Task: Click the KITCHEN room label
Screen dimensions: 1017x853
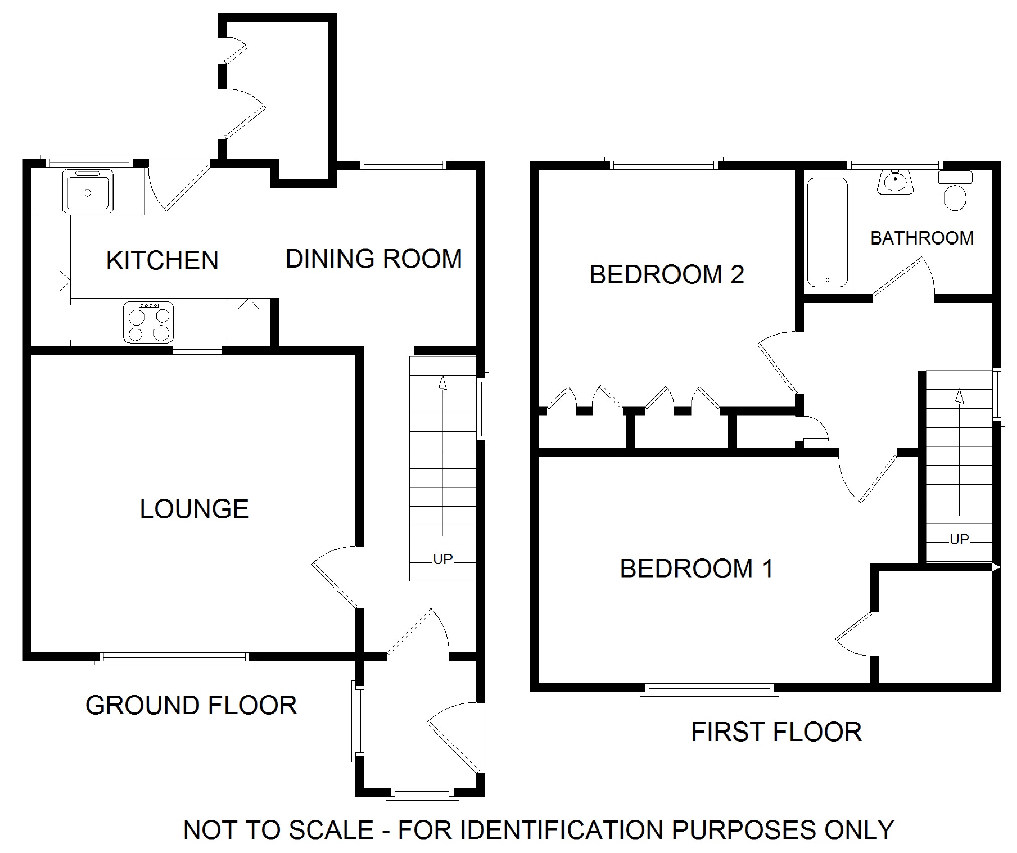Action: point(163,260)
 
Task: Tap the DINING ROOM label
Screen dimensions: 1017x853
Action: point(373,259)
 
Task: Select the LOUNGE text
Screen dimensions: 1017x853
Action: point(194,509)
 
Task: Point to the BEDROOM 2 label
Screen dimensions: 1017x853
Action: point(666,274)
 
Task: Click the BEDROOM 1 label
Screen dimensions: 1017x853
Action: point(697,568)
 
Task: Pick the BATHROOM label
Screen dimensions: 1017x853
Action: point(922,238)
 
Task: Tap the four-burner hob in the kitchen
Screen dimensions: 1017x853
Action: point(149,322)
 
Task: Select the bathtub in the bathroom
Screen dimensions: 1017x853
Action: point(828,232)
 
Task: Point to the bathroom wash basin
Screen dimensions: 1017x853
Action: point(895,182)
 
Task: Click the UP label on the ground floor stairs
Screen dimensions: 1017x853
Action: point(443,559)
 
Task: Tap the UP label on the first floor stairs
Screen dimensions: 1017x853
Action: point(959,539)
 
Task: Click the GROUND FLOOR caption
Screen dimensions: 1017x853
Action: point(191,705)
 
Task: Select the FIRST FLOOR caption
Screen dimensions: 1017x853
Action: point(776,732)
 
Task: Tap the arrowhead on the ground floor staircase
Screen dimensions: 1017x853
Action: point(443,383)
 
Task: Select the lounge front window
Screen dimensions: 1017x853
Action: point(175,658)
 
